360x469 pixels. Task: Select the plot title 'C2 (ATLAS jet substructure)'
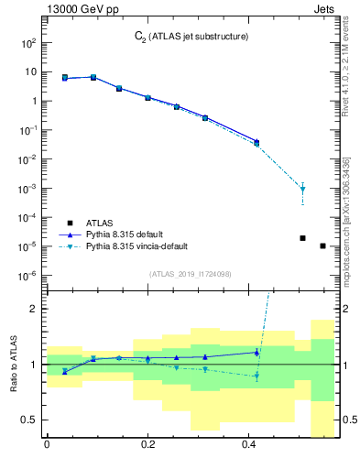click(186, 37)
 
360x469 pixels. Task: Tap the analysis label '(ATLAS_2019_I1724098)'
click(190, 274)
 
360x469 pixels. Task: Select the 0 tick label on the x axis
click(46, 445)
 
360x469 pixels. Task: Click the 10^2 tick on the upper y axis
click(27, 42)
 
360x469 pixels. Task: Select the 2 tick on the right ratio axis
click(341, 309)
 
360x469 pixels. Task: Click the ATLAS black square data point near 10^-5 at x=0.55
click(322, 245)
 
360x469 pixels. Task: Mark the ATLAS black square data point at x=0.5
click(302, 238)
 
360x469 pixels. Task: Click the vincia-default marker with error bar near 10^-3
click(302, 190)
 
